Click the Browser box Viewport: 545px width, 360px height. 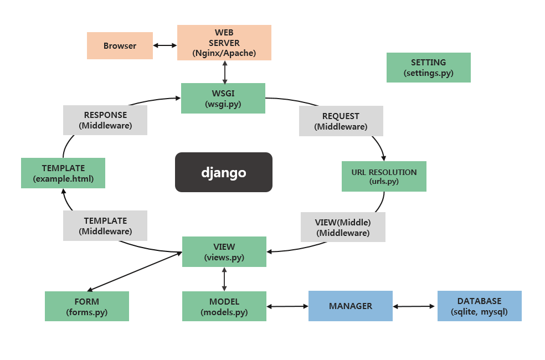[x=120, y=45]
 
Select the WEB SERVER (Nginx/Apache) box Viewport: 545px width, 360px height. [x=224, y=43]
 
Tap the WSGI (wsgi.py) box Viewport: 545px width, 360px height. [x=223, y=98]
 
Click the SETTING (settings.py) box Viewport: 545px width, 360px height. [x=428, y=68]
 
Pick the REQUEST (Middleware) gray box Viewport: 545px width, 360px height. [x=341, y=121]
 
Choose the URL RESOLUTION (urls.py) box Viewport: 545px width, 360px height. [x=384, y=177]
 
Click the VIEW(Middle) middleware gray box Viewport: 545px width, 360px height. [x=343, y=227]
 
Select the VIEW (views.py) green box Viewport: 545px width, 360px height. [x=224, y=252]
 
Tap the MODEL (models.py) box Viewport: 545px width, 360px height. [x=224, y=306]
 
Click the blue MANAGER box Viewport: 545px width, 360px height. [x=350, y=306]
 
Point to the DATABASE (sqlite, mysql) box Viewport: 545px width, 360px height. [x=479, y=306]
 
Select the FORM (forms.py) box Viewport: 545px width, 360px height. [x=86, y=306]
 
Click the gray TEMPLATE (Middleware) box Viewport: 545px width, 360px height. [x=105, y=225]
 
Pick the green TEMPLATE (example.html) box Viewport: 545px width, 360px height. [x=63, y=173]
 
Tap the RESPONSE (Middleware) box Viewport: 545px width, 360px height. [x=105, y=120]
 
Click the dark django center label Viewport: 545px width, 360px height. [x=223, y=172]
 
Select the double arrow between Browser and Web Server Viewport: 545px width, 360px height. [x=165, y=45]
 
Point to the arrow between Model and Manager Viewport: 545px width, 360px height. [x=287, y=306]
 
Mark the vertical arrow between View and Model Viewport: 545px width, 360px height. [x=224, y=279]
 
